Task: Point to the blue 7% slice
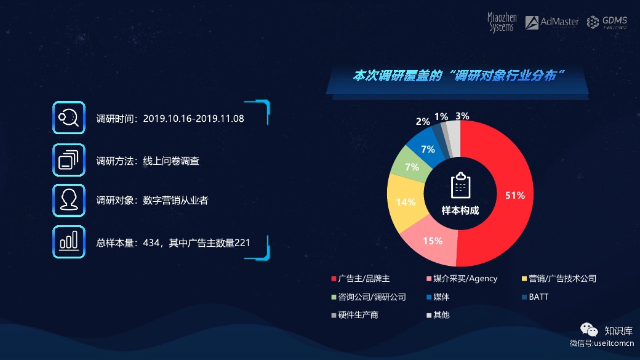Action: [x=427, y=149]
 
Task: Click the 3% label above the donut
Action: [x=462, y=116]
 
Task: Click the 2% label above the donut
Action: [x=423, y=121]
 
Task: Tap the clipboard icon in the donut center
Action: [x=460, y=185]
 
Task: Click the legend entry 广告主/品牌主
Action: [x=361, y=278]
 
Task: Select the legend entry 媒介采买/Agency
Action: [x=462, y=278]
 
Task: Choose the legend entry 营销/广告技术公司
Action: [x=559, y=278]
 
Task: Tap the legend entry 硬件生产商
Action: [x=354, y=314]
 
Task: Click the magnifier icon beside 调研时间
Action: [x=68, y=118]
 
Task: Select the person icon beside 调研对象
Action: [x=68, y=201]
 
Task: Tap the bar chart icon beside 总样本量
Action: [x=68, y=242]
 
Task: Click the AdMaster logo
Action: [x=552, y=22]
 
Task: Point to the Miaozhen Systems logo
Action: [x=502, y=22]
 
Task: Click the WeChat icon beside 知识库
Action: [x=589, y=329]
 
